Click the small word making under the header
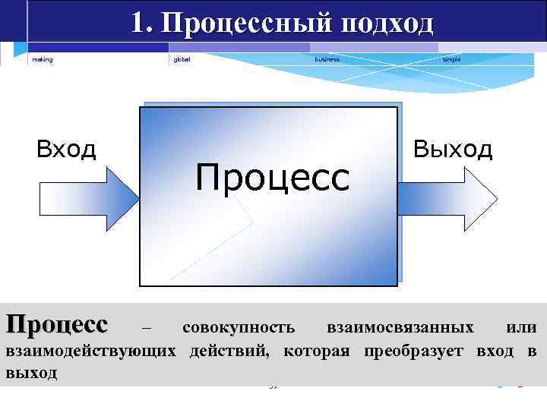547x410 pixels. [43, 59]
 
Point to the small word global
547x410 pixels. [182, 59]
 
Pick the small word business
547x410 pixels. [327, 59]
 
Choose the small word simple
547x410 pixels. [451, 59]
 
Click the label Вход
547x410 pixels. [67, 150]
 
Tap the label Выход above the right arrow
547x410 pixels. [453, 149]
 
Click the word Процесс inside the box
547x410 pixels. [272, 178]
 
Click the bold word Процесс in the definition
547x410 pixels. [57, 326]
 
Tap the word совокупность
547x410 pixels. [239, 327]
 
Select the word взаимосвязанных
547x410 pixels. [400, 327]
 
